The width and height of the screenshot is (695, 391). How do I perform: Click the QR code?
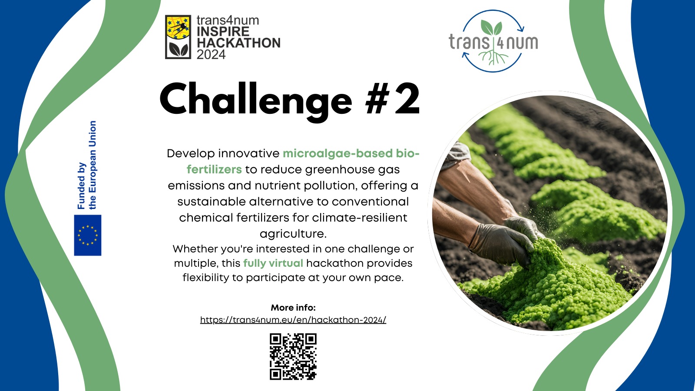click(x=293, y=357)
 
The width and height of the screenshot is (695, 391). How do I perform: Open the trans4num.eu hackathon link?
click(x=293, y=320)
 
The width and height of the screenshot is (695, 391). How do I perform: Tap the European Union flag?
click(x=87, y=235)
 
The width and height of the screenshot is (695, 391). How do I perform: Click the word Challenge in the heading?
click(x=256, y=100)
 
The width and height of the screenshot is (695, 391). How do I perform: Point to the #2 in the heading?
click(x=393, y=98)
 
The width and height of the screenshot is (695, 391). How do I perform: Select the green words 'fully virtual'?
click(x=273, y=263)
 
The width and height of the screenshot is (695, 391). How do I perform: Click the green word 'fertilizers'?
click(x=214, y=169)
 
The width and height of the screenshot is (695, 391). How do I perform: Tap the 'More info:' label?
click(x=293, y=308)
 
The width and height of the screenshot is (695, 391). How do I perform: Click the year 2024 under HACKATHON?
click(x=211, y=55)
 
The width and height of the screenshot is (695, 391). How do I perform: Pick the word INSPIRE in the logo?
click(x=223, y=32)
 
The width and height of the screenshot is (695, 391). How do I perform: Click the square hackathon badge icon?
click(x=178, y=37)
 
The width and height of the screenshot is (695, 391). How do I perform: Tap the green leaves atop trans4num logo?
click(x=492, y=28)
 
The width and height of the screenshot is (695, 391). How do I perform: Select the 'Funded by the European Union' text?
click(x=87, y=165)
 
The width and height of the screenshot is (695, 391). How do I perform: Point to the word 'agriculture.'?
click(x=293, y=234)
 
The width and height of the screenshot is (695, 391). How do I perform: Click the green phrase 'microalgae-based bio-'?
click(x=351, y=153)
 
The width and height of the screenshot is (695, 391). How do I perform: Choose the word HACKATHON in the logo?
click(x=238, y=43)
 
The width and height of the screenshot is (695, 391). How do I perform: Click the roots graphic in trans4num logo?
click(x=493, y=57)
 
